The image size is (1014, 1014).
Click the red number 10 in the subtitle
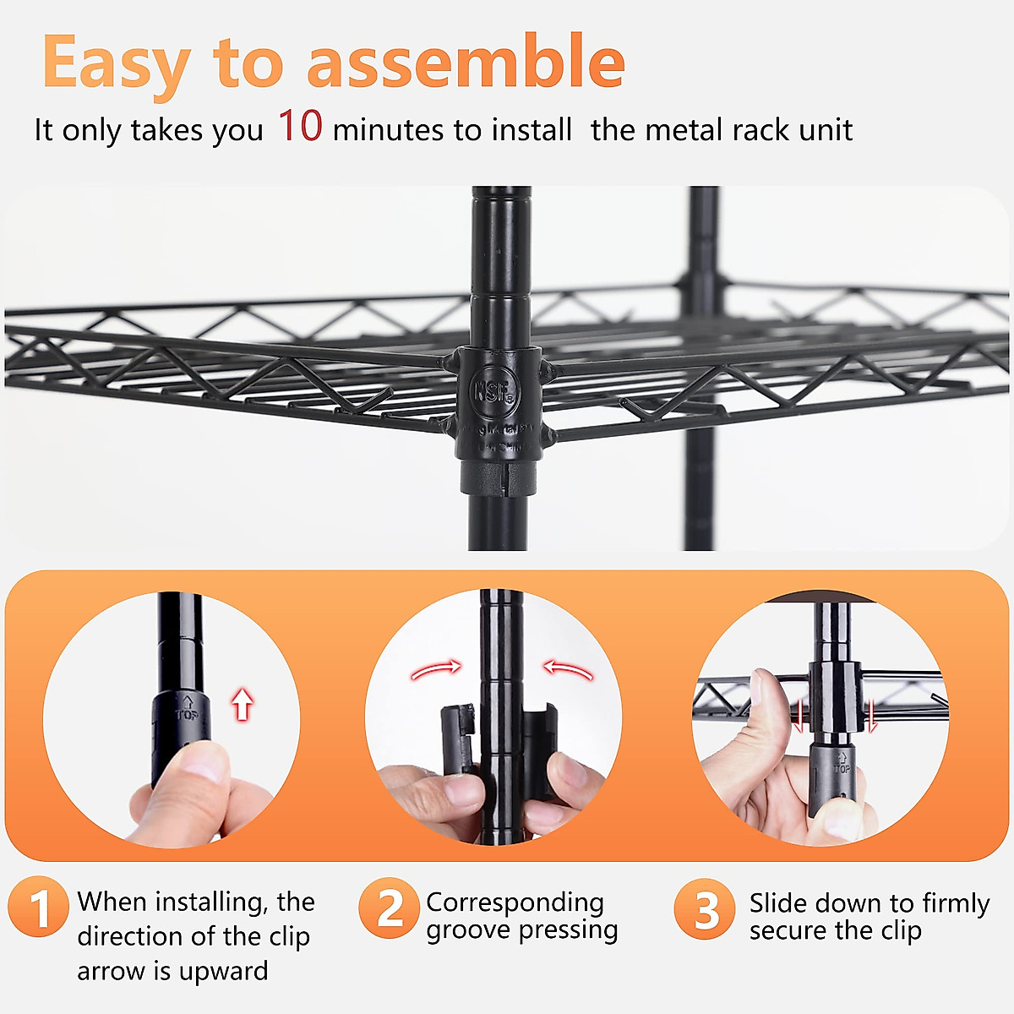300,126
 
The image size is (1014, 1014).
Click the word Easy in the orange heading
116,63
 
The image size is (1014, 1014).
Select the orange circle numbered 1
38,908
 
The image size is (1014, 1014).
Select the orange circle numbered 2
389,908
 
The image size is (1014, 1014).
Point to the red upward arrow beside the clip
243,703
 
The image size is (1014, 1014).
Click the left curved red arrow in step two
436,670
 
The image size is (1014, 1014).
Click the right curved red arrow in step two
568,670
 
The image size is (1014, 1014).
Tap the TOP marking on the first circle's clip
187,709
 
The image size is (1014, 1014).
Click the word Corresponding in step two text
515,902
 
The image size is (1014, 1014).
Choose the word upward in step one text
223,972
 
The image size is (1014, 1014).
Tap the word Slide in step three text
778,903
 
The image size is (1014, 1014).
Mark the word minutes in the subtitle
388,130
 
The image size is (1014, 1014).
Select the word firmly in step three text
955,903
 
